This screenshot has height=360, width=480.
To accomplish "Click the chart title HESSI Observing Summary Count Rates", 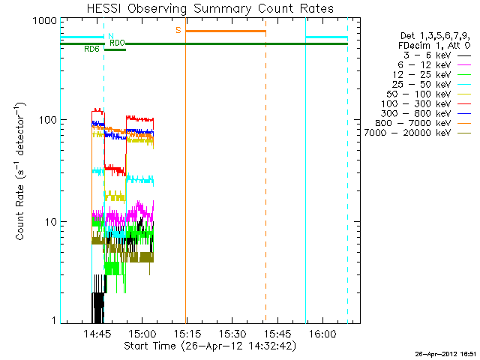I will pos(210,8).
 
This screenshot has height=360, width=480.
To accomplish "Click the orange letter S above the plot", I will pos(178,30).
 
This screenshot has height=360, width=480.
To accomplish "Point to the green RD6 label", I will pos(91,49).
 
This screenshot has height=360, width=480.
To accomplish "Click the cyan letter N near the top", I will pos(111,36).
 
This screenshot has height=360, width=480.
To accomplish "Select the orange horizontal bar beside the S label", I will pos(225,31).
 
